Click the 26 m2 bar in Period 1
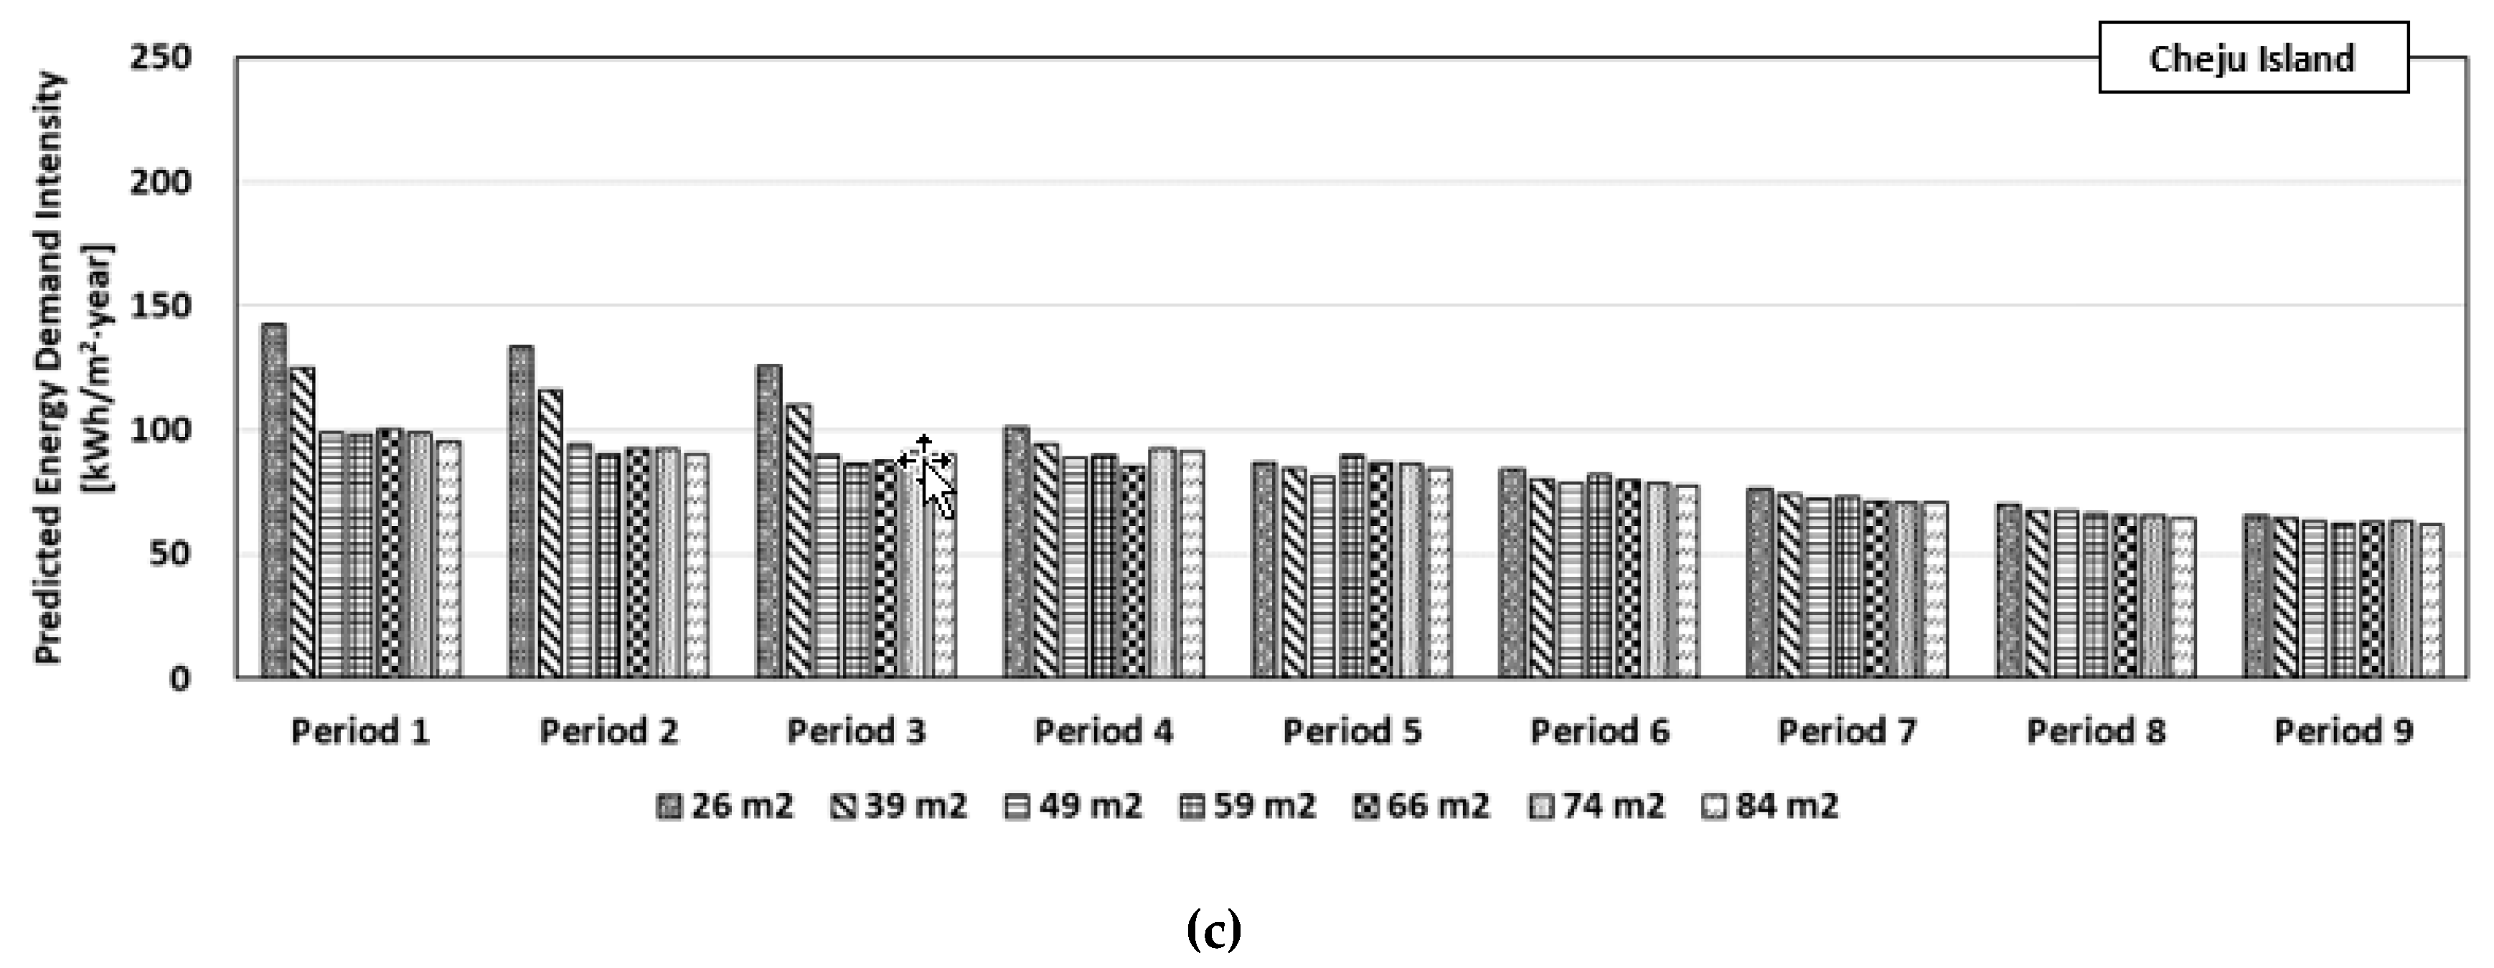(274, 503)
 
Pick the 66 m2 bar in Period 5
(1380, 571)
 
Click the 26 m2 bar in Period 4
(1017, 552)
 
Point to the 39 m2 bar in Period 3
(799, 542)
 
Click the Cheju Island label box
(2252, 59)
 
